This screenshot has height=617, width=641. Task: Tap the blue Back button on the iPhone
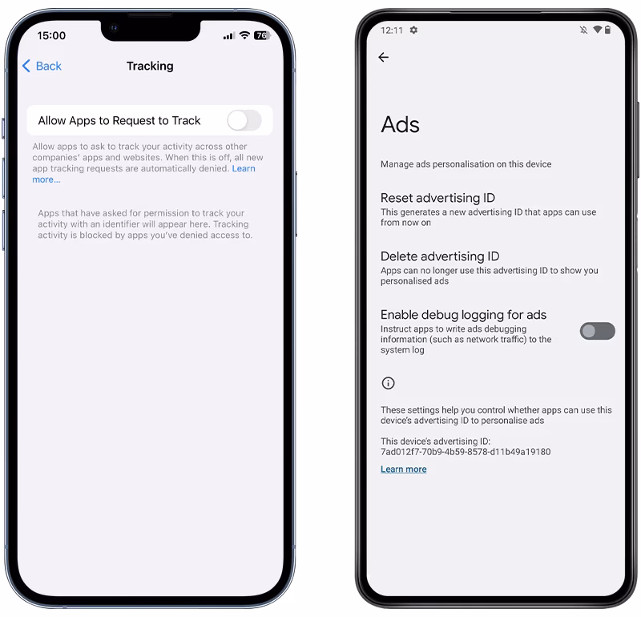[x=42, y=66]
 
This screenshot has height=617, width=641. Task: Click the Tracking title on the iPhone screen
[x=150, y=66]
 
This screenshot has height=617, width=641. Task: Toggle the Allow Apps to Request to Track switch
[x=244, y=121]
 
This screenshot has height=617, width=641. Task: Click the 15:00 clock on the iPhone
[x=51, y=35]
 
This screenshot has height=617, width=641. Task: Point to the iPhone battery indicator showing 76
[x=262, y=35]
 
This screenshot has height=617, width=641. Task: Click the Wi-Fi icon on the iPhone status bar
[x=244, y=35]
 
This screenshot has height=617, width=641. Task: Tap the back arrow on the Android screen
[x=384, y=57]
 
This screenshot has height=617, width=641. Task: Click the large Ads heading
[x=400, y=124]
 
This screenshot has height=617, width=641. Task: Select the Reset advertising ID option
[x=437, y=198]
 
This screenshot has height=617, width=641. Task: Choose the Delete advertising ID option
[x=440, y=256]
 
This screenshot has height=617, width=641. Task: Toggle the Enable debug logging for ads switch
[x=597, y=331]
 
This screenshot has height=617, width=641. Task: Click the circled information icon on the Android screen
[x=388, y=383]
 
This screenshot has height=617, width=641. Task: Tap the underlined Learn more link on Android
[x=404, y=469]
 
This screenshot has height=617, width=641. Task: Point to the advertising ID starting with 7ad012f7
[x=466, y=452]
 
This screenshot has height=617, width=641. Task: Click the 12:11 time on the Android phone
[x=392, y=30]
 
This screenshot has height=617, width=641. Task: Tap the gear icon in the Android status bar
[x=413, y=30]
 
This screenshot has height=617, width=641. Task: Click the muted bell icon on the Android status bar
[x=584, y=30]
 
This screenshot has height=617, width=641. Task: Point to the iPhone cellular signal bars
[x=228, y=36]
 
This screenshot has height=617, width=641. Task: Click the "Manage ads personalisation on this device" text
[x=466, y=164]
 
